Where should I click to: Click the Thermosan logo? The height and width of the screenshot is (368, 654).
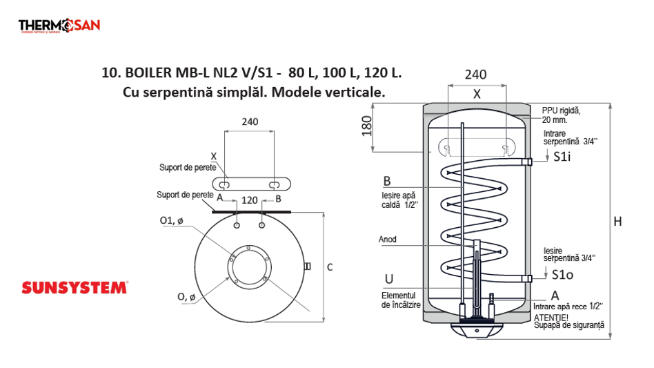click(59, 26)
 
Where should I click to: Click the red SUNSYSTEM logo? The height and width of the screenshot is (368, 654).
click(75, 288)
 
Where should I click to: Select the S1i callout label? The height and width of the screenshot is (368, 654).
click(563, 157)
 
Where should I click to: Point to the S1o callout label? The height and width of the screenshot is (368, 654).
click(563, 274)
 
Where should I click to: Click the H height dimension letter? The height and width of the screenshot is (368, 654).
click(618, 222)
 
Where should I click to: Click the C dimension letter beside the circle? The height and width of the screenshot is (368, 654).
click(330, 267)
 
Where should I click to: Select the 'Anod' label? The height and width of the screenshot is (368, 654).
click(387, 240)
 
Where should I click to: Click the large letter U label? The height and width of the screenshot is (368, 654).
click(389, 279)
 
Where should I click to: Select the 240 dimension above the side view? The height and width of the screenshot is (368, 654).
click(476, 75)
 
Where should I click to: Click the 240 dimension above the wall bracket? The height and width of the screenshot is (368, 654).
click(250, 122)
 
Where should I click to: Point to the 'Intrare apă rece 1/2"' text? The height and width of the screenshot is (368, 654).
click(568, 305)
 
